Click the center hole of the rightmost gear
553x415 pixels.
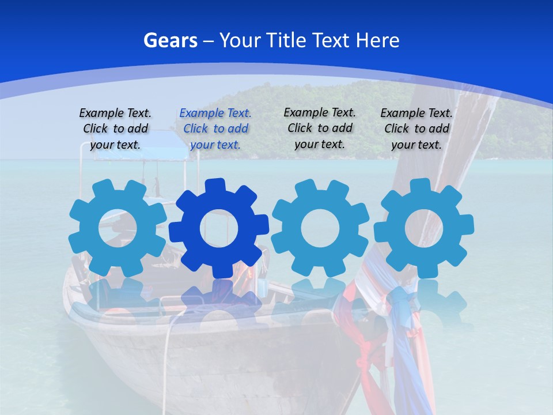424,228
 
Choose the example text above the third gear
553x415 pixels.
320,128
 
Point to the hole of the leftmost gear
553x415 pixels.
118,228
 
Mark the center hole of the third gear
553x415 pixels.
320,228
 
